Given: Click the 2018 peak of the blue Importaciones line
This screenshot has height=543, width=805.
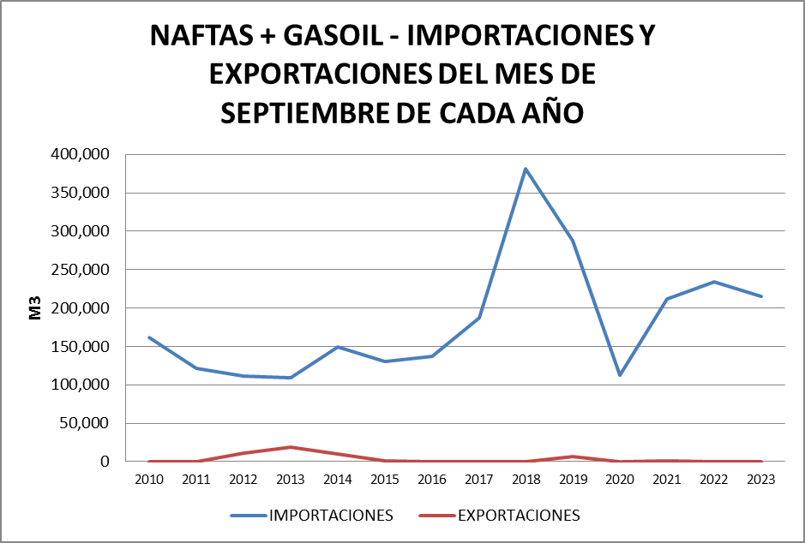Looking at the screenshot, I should [x=525, y=169].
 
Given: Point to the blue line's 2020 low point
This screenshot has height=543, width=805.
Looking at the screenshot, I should [x=619, y=375].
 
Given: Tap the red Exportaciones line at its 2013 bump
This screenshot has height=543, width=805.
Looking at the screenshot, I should [x=291, y=447].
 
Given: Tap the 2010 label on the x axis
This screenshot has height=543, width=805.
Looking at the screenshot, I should [x=149, y=480].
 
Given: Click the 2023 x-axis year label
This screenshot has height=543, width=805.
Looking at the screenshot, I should [x=760, y=480].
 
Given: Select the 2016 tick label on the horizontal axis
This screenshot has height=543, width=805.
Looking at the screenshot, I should [x=431, y=480].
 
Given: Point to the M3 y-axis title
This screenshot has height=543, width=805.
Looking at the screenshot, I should [x=35, y=308].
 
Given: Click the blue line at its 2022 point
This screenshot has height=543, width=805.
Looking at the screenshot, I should [x=713, y=282].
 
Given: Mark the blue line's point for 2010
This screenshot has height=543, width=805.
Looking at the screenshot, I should [x=149, y=337].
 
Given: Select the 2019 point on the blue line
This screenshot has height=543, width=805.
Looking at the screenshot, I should [x=572, y=241].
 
